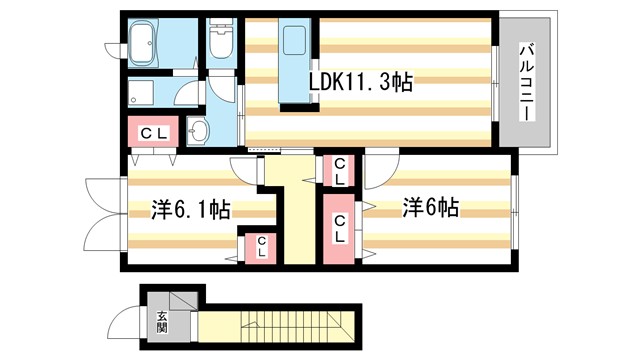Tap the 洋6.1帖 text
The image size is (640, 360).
[x=191, y=210]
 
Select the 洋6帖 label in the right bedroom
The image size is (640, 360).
[x=431, y=208]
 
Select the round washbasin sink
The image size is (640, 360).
[x=198, y=131]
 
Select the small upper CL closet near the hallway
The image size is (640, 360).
[x=340, y=170]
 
